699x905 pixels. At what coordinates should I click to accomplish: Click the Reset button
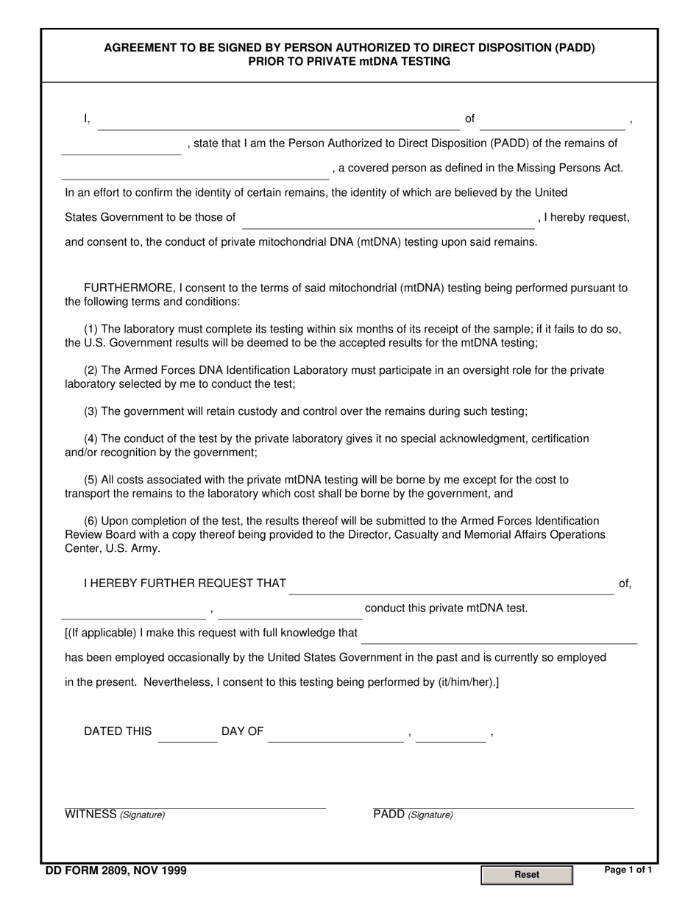click(526, 875)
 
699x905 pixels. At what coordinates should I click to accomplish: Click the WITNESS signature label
click(115, 814)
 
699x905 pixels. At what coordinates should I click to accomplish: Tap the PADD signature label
click(413, 814)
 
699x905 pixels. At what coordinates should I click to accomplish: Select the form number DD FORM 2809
click(116, 871)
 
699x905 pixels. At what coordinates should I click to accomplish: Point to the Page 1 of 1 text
click(628, 870)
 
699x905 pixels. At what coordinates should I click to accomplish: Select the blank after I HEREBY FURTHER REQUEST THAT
click(452, 586)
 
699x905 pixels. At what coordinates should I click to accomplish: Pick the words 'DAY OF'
click(242, 731)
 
